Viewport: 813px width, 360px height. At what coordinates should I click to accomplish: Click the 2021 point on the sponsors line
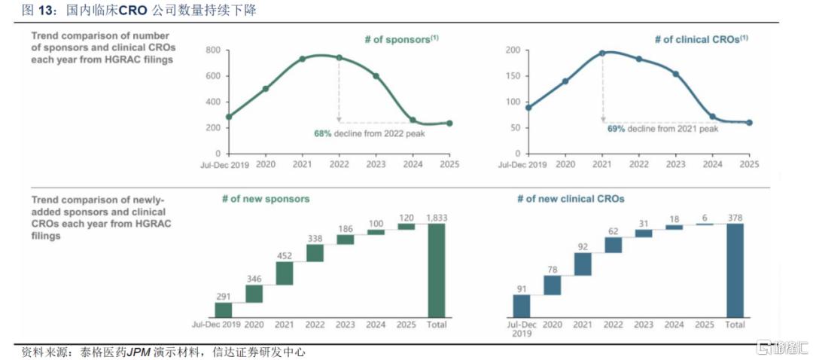pos(302,59)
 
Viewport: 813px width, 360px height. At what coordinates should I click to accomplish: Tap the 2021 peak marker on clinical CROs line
pos(602,53)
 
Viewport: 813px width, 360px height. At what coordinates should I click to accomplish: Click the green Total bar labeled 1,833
pos(437,270)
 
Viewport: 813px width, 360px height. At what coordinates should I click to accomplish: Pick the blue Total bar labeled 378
pos(735,270)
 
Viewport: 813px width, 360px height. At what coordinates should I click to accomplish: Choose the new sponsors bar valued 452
pos(284,273)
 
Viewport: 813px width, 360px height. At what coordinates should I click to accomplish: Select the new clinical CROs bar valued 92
pos(582,264)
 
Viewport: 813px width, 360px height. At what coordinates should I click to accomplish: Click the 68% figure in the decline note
pos(322,133)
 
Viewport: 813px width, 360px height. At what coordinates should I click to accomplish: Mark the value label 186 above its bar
pos(345,227)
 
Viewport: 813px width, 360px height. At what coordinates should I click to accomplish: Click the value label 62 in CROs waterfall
pos(613,230)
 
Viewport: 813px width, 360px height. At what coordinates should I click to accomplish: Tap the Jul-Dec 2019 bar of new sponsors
pos(224,310)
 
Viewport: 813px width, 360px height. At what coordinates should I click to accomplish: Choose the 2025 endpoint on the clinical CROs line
pos(749,123)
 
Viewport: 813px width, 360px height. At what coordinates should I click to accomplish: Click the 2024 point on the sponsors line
pos(412,120)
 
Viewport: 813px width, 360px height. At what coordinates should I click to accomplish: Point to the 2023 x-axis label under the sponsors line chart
pos(376,164)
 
